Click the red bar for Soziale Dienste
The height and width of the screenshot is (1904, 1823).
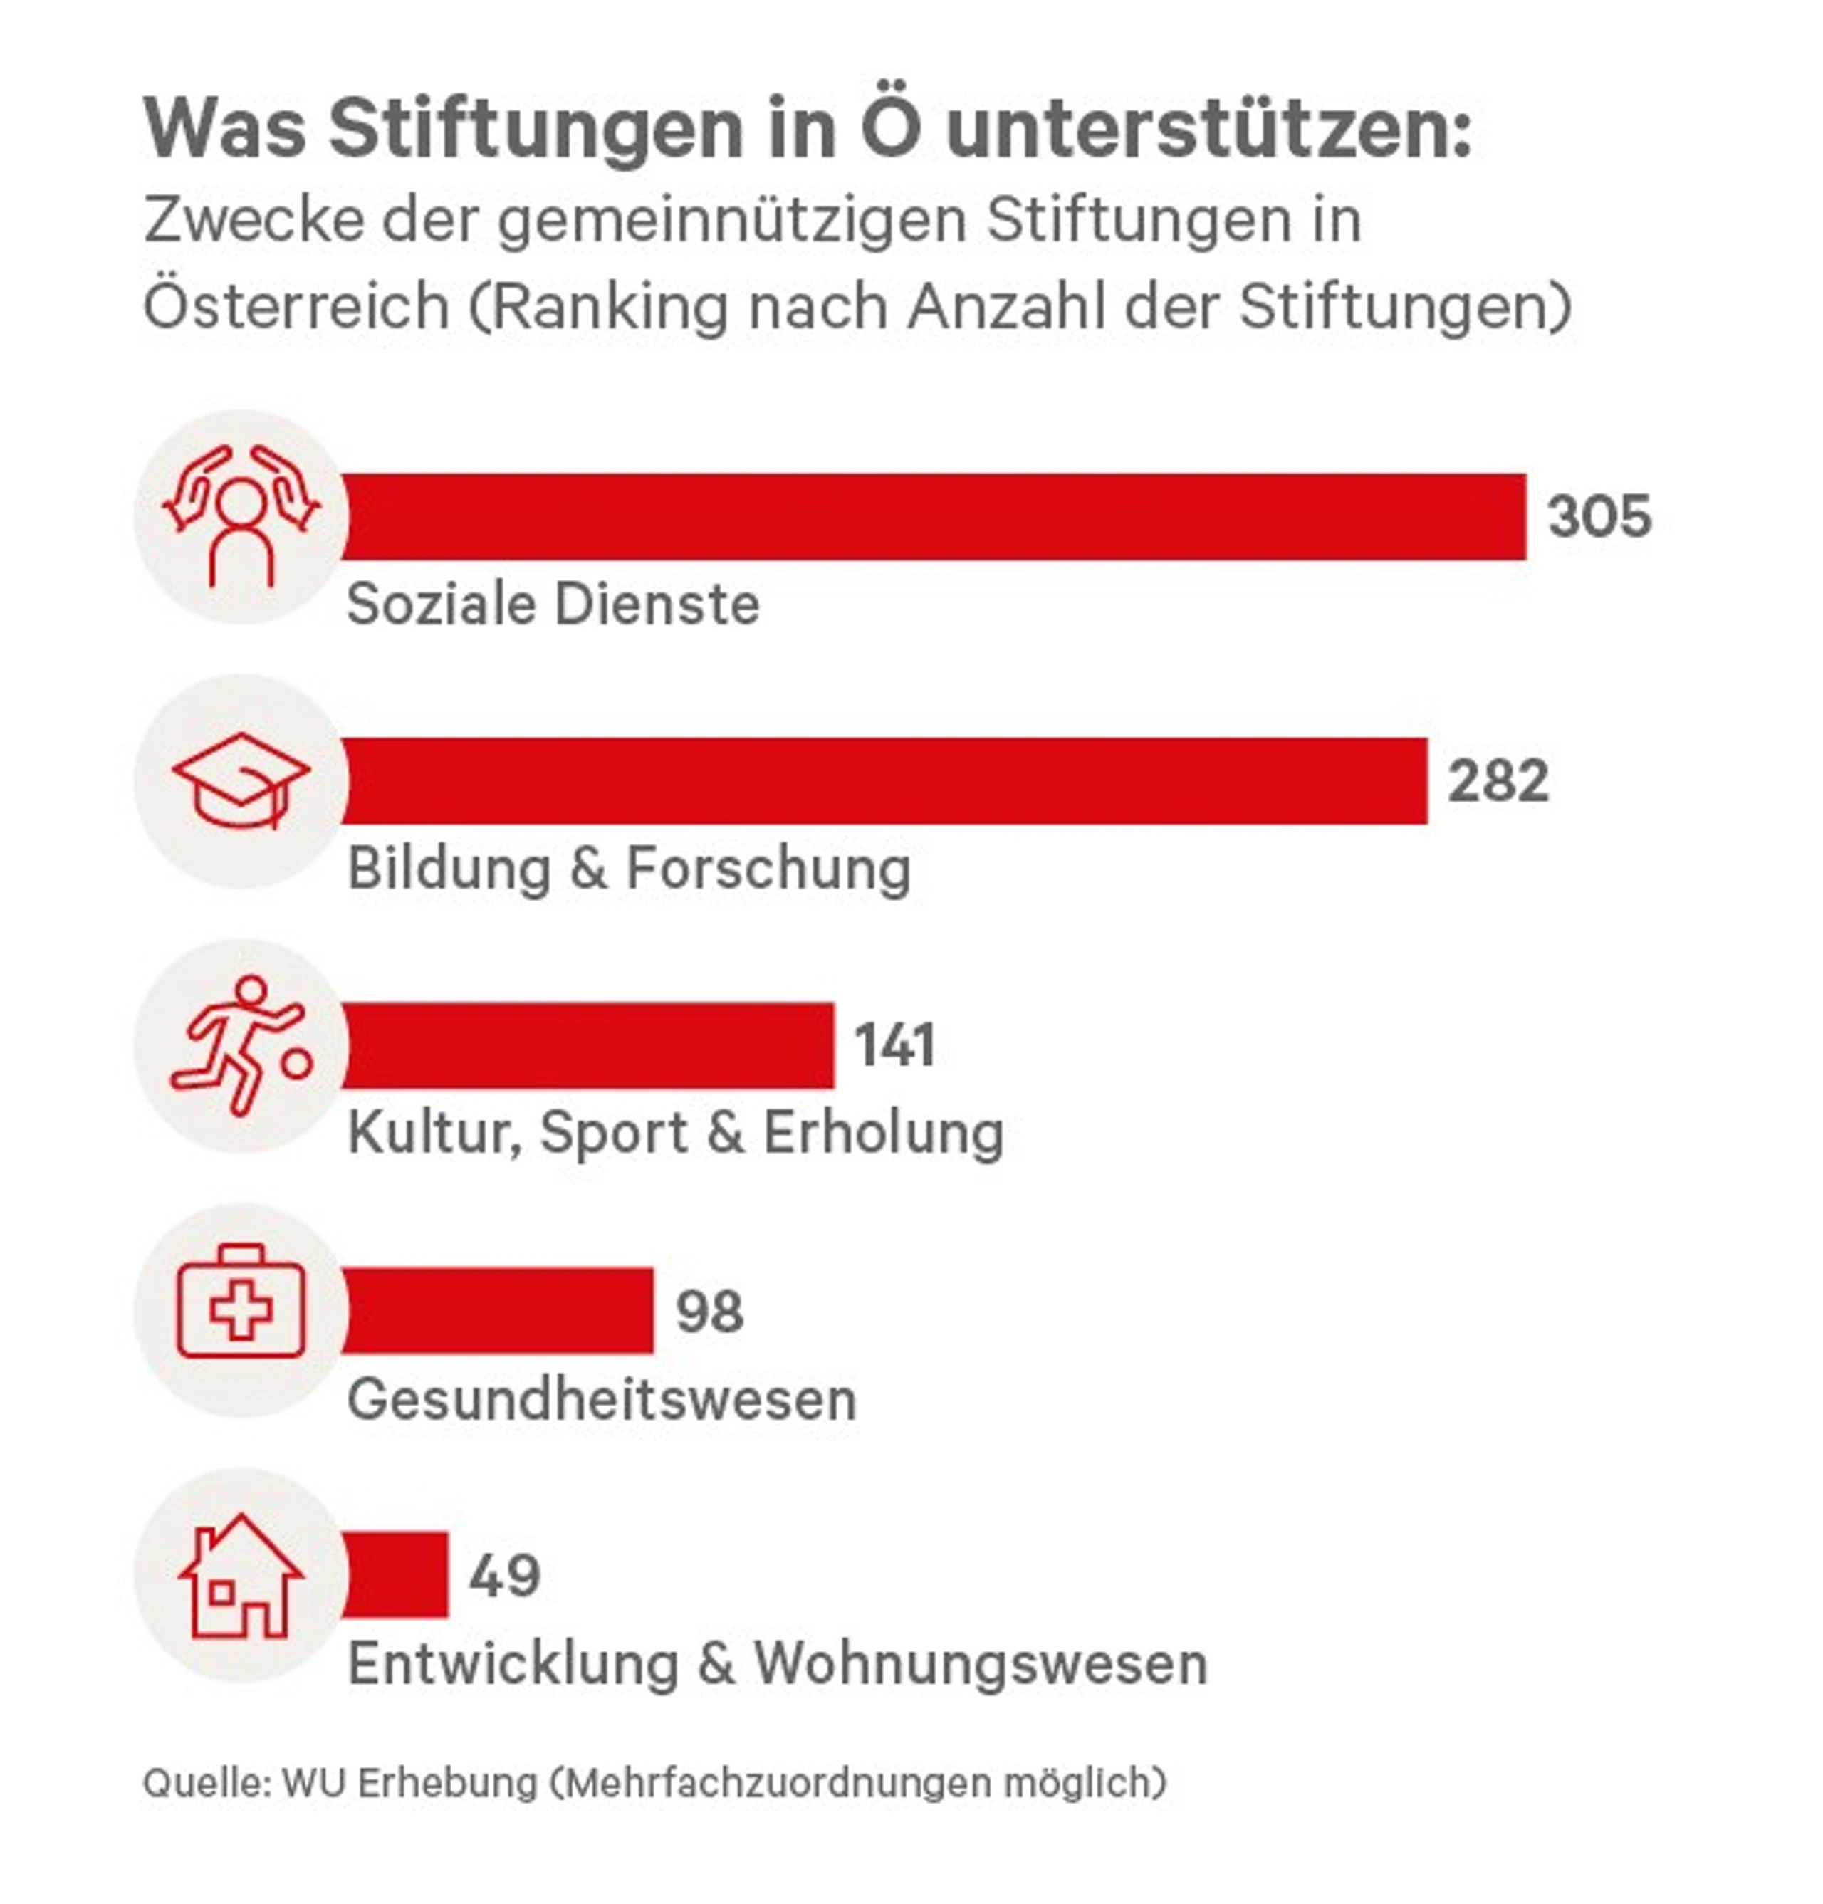point(933,517)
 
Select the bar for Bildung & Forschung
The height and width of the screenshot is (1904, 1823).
point(884,781)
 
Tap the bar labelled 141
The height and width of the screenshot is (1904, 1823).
point(588,1045)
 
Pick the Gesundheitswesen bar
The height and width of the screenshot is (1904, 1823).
point(498,1310)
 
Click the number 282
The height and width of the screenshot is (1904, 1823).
point(1498,781)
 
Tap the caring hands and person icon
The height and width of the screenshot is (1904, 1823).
point(241,516)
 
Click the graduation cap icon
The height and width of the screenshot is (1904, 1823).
point(241,781)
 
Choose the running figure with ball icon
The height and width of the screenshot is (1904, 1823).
point(241,1046)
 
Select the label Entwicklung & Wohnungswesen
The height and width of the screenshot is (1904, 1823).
point(778,1663)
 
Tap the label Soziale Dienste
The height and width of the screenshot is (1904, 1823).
point(553,605)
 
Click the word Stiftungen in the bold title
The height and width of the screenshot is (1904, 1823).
point(536,128)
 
